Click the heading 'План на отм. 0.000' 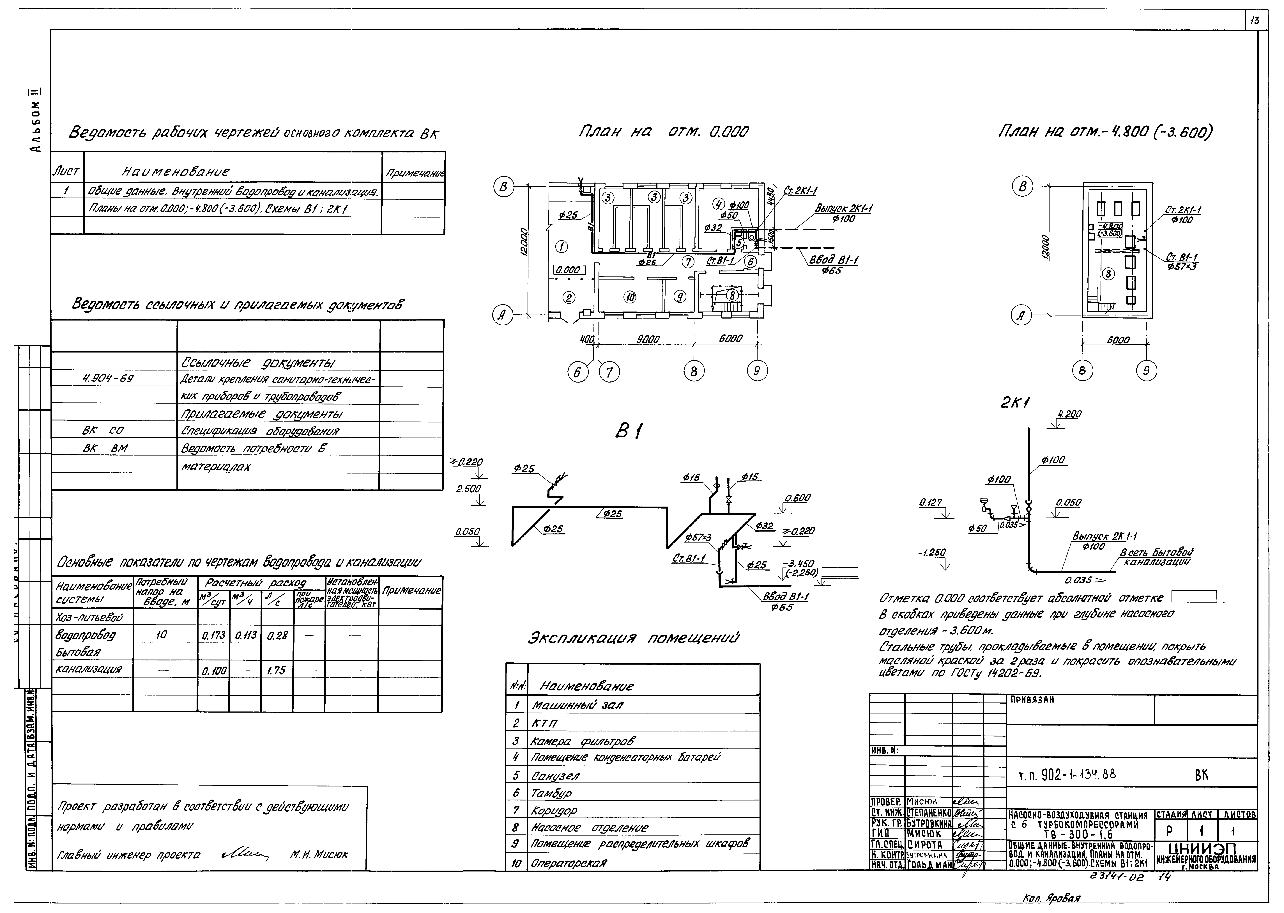tap(663, 132)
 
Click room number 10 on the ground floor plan tap(630, 297)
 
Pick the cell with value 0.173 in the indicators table tap(213, 635)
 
